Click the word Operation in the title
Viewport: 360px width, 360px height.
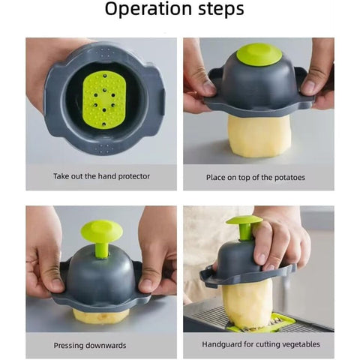point(149,10)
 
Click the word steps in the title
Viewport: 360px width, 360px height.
point(221,9)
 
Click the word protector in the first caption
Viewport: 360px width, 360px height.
point(134,176)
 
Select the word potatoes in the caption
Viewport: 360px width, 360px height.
point(289,178)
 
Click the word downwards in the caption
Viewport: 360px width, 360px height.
point(106,346)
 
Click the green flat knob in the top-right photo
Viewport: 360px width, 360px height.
point(257,55)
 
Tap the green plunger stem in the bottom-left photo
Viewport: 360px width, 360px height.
point(101,250)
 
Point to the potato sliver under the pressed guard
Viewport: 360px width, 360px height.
point(101,316)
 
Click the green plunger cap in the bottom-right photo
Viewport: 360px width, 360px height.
point(244,220)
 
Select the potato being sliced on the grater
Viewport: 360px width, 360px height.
point(247,302)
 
